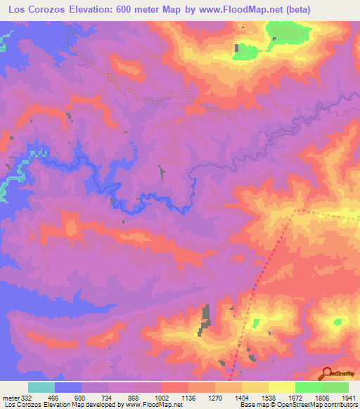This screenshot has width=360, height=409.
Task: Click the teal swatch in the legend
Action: point(41,387)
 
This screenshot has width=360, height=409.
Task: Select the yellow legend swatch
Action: point(282,387)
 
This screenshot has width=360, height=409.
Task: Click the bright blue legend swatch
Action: point(68,387)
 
